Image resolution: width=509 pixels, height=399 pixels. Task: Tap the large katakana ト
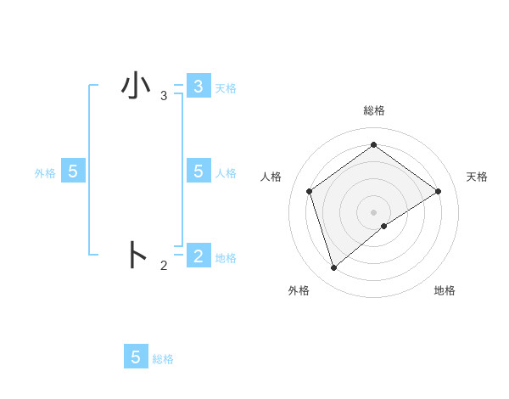(x=137, y=255)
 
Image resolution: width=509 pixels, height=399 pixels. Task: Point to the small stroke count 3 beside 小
(x=164, y=96)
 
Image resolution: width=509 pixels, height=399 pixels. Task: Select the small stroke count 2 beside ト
(x=164, y=266)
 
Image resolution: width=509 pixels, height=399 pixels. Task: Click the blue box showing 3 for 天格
(x=198, y=87)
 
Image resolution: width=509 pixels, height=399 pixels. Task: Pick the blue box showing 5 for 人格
(x=198, y=171)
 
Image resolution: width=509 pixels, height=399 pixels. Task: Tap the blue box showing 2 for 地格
(x=198, y=256)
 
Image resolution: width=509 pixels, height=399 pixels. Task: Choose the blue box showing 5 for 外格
(x=73, y=171)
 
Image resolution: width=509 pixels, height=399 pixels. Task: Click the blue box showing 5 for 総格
(x=136, y=357)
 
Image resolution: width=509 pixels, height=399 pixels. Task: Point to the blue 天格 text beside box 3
(x=226, y=87)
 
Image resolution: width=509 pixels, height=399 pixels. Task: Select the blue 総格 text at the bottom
(x=163, y=359)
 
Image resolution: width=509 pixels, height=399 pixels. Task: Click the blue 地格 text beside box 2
(x=226, y=257)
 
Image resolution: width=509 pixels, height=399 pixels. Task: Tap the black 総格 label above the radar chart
(x=373, y=110)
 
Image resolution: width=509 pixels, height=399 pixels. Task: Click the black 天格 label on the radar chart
(x=477, y=177)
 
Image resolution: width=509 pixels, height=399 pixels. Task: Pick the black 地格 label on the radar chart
(x=445, y=290)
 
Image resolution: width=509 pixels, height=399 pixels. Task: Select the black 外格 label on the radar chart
(x=299, y=290)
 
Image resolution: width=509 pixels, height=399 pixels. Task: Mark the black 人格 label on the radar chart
(x=271, y=177)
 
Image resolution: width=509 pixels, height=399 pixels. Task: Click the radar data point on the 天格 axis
(x=438, y=191)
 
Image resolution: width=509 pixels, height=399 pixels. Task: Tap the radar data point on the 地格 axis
(x=384, y=226)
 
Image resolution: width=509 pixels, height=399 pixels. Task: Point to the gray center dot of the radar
(x=373, y=211)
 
